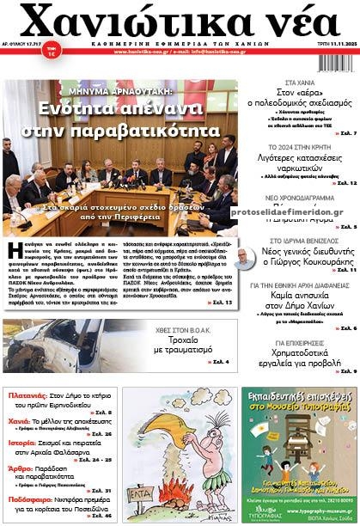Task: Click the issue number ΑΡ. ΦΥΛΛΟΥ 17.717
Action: pyautogui.click(x=21, y=54)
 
